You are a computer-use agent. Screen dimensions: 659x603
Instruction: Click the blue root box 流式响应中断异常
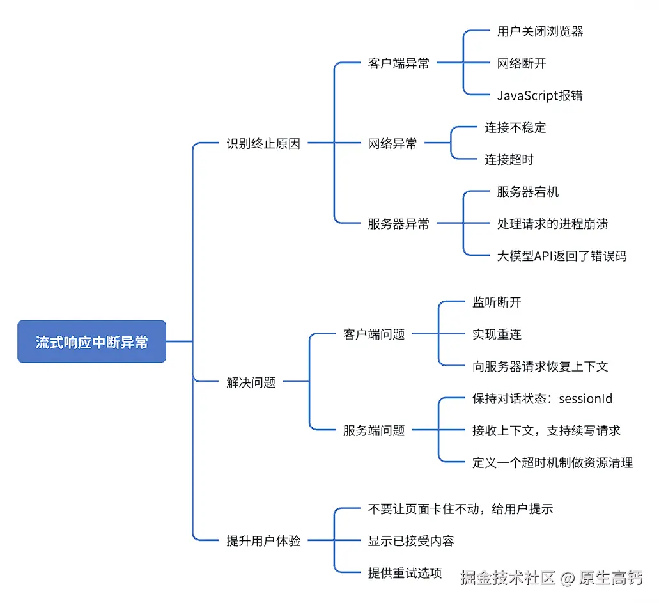[x=91, y=341]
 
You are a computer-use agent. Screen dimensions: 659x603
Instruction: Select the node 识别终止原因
[x=263, y=143]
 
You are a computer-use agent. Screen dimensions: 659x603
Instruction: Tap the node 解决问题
[x=251, y=382]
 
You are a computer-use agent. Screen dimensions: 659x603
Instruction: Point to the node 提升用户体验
[x=263, y=540]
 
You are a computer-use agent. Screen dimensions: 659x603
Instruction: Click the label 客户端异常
[x=398, y=63]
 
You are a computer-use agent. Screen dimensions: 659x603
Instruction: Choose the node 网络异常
[x=392, y=143]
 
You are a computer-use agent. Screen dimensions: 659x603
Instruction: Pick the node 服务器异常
[x=398, y=224]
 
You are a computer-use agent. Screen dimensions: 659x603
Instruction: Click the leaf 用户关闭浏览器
[x=540, y=31]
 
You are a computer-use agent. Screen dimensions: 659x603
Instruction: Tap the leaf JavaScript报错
[x=540, y=95]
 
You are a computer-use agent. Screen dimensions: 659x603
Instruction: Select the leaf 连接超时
[x=509, y=159]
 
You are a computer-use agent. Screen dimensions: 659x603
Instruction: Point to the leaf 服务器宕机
[x=528, y=192]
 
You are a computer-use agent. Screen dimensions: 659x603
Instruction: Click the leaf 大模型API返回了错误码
[x=562, y=256]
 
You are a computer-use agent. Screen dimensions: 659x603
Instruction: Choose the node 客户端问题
[x=374, y=334]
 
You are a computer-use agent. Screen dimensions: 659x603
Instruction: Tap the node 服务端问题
[x=374, y=430]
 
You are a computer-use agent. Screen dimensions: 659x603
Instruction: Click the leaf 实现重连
[x=497, y=334]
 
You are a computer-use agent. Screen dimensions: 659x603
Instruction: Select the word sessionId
[x=585, y=398]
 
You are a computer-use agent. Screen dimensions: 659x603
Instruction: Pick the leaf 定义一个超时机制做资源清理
[x=553, y=462]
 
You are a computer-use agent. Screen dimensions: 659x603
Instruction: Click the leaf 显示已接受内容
[x=411, y=540]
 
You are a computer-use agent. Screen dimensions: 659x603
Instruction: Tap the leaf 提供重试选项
[x=405, y=572]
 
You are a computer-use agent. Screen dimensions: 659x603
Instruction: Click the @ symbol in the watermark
[x=568, y=579]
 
